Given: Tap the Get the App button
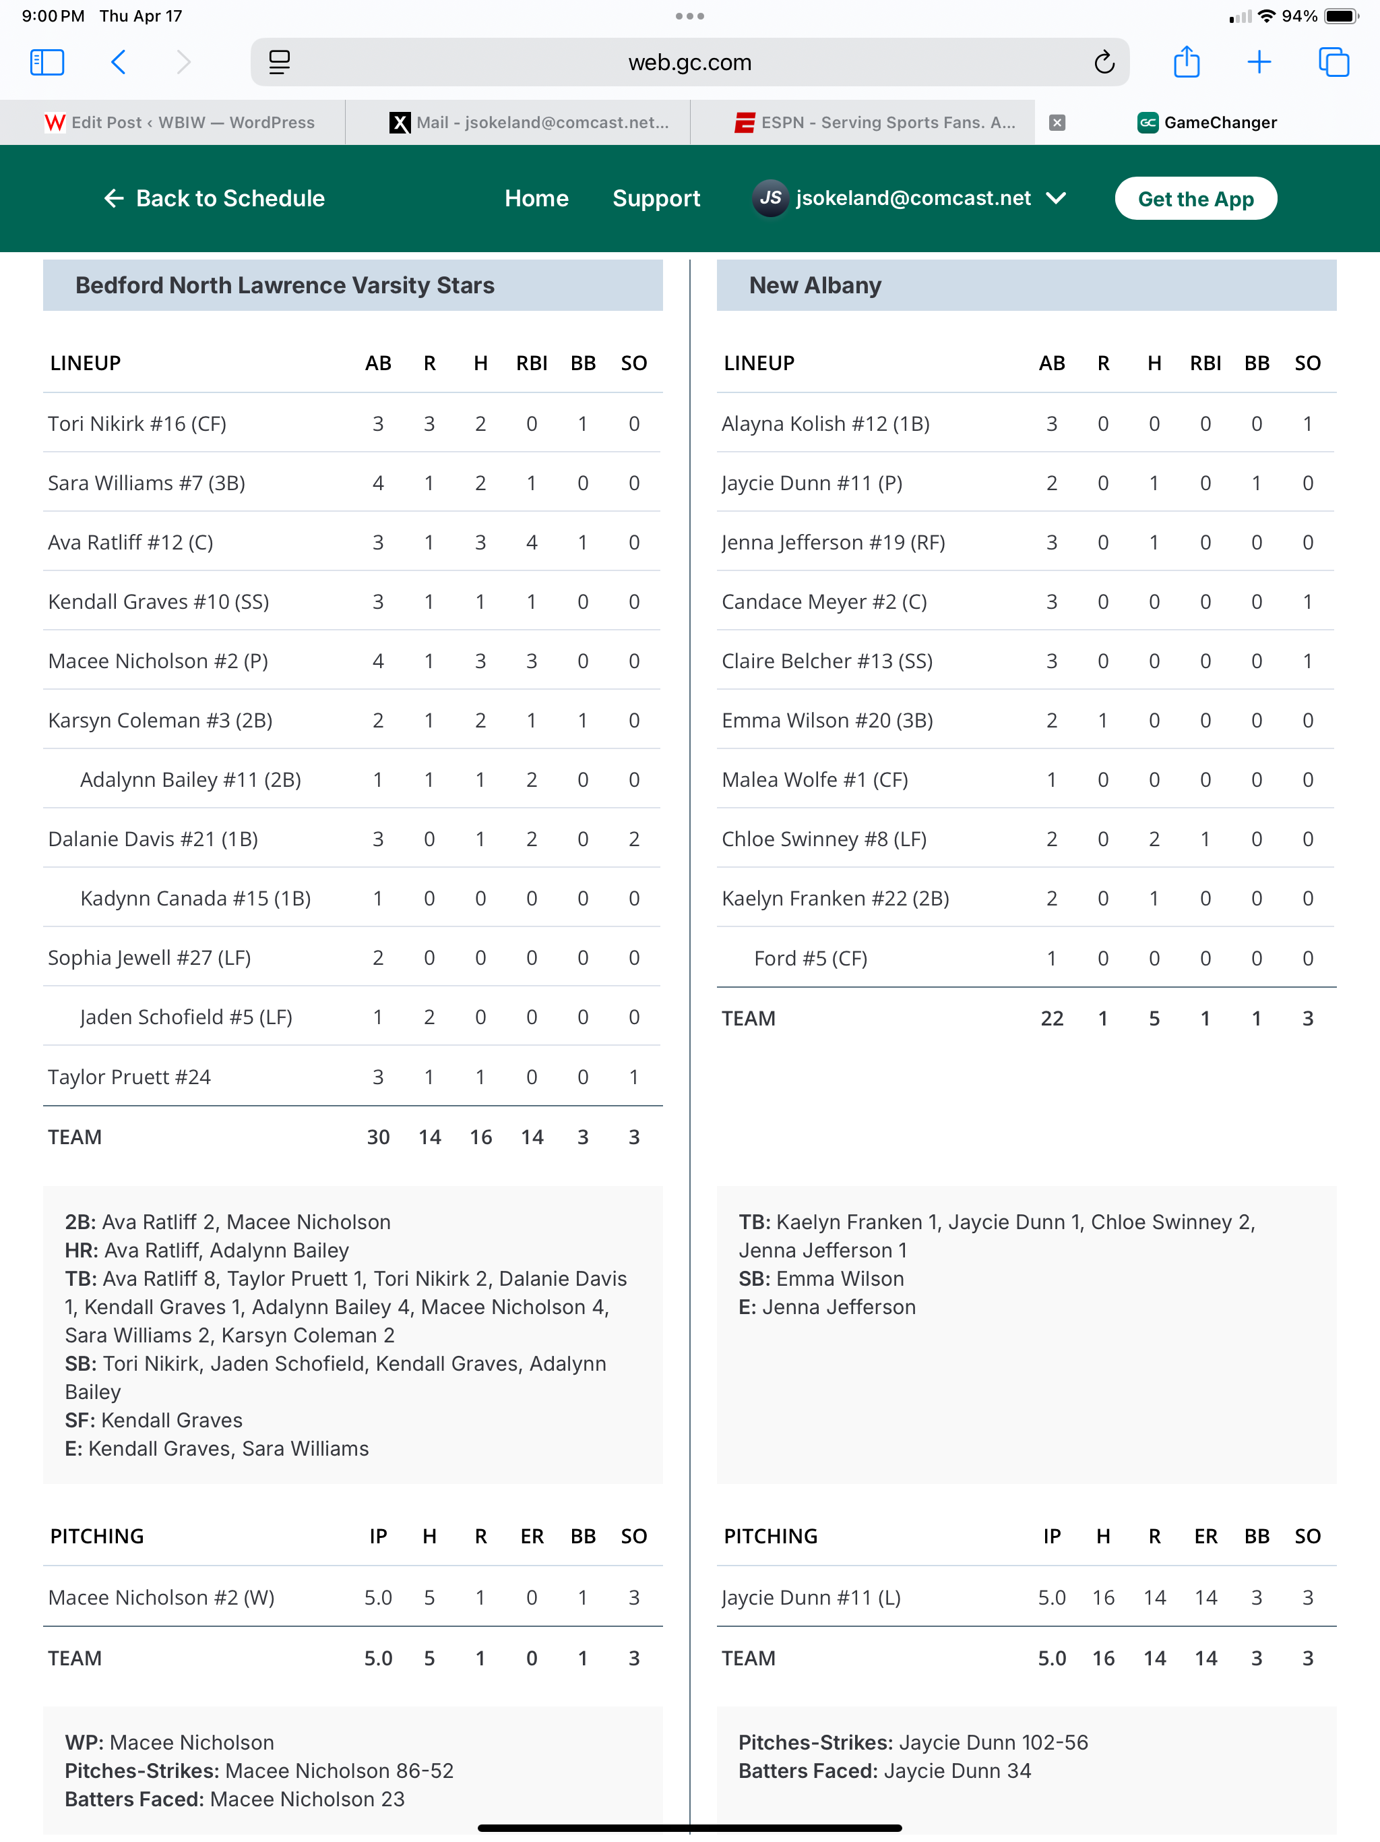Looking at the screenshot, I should (1195, 198).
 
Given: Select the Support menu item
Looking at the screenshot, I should (656, 198).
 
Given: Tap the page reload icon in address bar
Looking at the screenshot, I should (1104, 63).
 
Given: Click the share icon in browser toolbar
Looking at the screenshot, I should (1186, 63).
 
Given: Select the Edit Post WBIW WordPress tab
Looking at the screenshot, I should (180, 123).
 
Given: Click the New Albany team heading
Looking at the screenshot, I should (815, 286).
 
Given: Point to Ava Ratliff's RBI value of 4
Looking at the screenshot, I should (531, 543).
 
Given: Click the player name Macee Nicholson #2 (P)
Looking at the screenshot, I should (158, 661).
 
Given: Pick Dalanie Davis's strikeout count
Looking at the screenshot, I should (633, 839).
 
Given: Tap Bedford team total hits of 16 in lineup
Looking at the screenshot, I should (480, 1137).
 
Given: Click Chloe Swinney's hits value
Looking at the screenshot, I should (1154, 839).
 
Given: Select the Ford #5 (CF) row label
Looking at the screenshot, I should (810, 959).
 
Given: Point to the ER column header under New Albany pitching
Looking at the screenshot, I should (1205, 1537).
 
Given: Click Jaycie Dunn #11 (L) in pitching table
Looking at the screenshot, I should (811, 1598).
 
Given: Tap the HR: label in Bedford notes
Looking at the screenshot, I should (81, 1251).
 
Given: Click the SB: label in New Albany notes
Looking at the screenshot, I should (754, 1279).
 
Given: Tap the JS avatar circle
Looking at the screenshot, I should (770, 198).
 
